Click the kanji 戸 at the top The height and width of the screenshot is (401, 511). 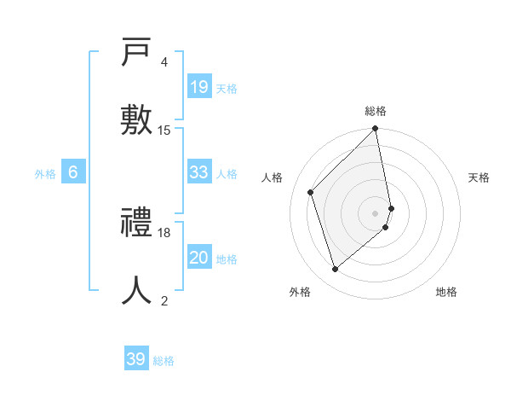coord(137,54)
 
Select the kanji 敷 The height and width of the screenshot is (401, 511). coord(137,118)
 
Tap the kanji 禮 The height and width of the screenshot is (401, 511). coord(137,224)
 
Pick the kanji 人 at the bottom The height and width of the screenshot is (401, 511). coord(137,288)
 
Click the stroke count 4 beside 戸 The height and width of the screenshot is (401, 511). coord(164,62)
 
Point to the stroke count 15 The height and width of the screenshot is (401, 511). coord(164,131)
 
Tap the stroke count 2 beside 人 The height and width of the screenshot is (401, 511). coord(164,300)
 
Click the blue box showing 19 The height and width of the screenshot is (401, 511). coord(198,86)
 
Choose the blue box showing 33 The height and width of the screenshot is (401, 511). coord(198,172)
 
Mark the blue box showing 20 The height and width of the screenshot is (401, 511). coord(198,258)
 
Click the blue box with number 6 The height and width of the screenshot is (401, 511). coord(73,172)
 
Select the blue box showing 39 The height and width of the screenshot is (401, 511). coord(136,359)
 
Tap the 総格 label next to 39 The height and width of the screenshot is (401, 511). coord(164,361)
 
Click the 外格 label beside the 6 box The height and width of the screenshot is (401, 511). coord(45,174)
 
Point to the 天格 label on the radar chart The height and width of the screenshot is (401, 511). coord(479,177)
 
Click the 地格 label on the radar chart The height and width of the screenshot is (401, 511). coord(446,292)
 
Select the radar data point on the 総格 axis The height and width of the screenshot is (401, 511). coord(376,129)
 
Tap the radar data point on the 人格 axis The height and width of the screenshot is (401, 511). coord(311,192)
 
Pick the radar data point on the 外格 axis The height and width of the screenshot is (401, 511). coord(335,270)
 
